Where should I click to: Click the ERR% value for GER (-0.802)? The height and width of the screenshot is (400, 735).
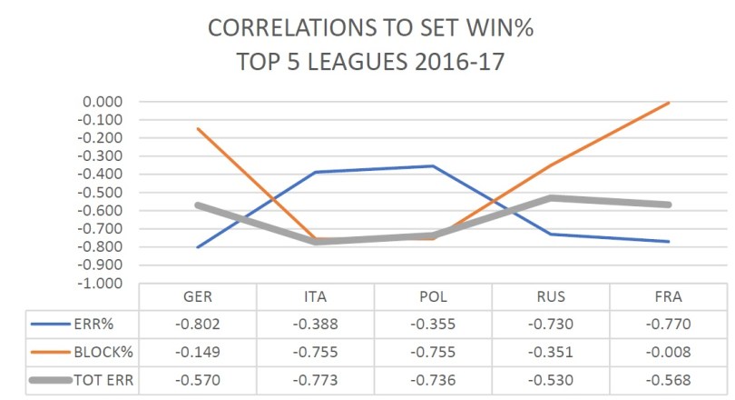click(x=198, y=325)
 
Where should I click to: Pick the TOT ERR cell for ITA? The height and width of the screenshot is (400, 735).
click(x=315, y=379)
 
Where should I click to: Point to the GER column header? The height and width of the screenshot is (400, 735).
click(x=198, y=297)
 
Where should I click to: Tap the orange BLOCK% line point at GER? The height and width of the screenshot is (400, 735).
click(x=198, y=128)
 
